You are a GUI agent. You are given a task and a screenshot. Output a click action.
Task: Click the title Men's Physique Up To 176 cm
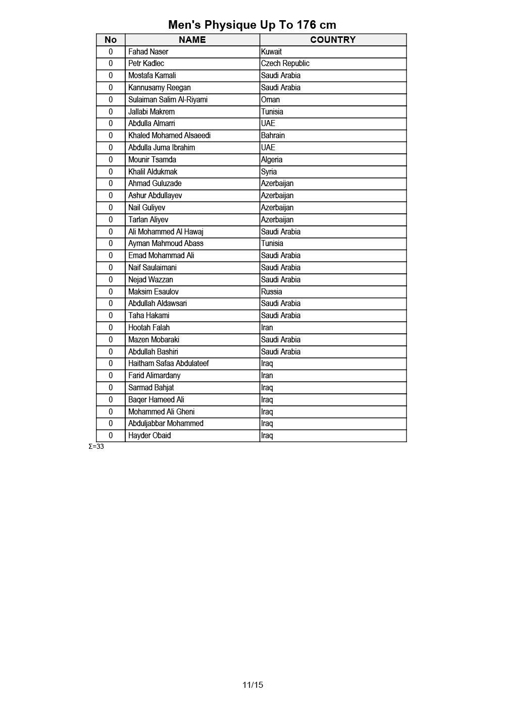(252, 25)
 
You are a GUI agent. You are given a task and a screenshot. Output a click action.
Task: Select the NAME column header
(192, 40)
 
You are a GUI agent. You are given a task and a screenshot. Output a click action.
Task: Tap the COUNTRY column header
(333, 40)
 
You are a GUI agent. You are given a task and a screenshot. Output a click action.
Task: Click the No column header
(111, 40)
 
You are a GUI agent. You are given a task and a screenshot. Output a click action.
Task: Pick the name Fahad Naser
(148, 51)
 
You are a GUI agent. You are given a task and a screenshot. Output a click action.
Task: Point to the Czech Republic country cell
(285, 64)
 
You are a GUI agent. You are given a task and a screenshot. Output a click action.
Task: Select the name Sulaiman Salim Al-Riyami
(168, 99)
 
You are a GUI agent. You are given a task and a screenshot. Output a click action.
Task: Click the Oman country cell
(270, 99)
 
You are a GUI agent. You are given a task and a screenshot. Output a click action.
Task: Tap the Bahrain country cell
(273, 136)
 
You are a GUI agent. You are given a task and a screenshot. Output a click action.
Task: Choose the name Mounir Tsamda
(152, 159)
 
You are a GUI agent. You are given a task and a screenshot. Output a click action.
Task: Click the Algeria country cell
(272, 159)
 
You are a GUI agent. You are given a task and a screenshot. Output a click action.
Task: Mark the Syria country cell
(269, 171)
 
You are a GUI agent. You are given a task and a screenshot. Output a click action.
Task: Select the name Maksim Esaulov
(153, 291)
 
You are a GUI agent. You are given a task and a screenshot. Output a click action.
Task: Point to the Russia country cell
(271, 291)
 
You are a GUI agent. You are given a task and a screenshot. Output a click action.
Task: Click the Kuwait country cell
(271, 51)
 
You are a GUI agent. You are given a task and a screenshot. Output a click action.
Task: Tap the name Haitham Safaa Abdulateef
(168, 364)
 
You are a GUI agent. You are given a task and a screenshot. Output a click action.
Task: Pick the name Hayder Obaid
(149, 436)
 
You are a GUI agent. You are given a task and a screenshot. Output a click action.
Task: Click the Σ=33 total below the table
(96, 447)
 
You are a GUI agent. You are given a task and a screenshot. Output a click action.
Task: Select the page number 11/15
(252, 685)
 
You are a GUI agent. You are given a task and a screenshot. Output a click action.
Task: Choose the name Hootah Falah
(149, 328)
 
